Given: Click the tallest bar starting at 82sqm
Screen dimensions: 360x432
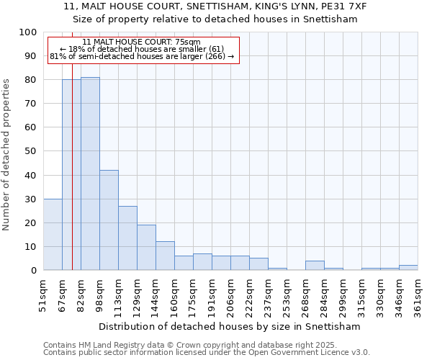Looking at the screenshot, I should [x=90, y=174].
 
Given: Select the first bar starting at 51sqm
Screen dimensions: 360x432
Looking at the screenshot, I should [x=53, y=234].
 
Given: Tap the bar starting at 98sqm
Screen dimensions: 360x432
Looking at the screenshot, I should [x=109, y=220].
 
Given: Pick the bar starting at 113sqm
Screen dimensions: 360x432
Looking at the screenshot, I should [x=127, y=238].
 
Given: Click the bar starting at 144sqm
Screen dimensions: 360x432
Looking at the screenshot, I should [x=165, y=256].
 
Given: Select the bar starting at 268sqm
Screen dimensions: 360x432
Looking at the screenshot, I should [x=315, y=265].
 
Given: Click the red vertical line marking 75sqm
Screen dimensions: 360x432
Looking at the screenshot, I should [x=72, y=180].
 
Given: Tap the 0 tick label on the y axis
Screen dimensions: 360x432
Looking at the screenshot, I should [x=33, y=271].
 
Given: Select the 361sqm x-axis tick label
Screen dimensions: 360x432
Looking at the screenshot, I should [x=418, y=297].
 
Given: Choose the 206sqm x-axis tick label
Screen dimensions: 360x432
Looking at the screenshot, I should [x=231, y=297].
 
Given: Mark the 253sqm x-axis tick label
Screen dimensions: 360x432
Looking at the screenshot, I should [x=287, y=297].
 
